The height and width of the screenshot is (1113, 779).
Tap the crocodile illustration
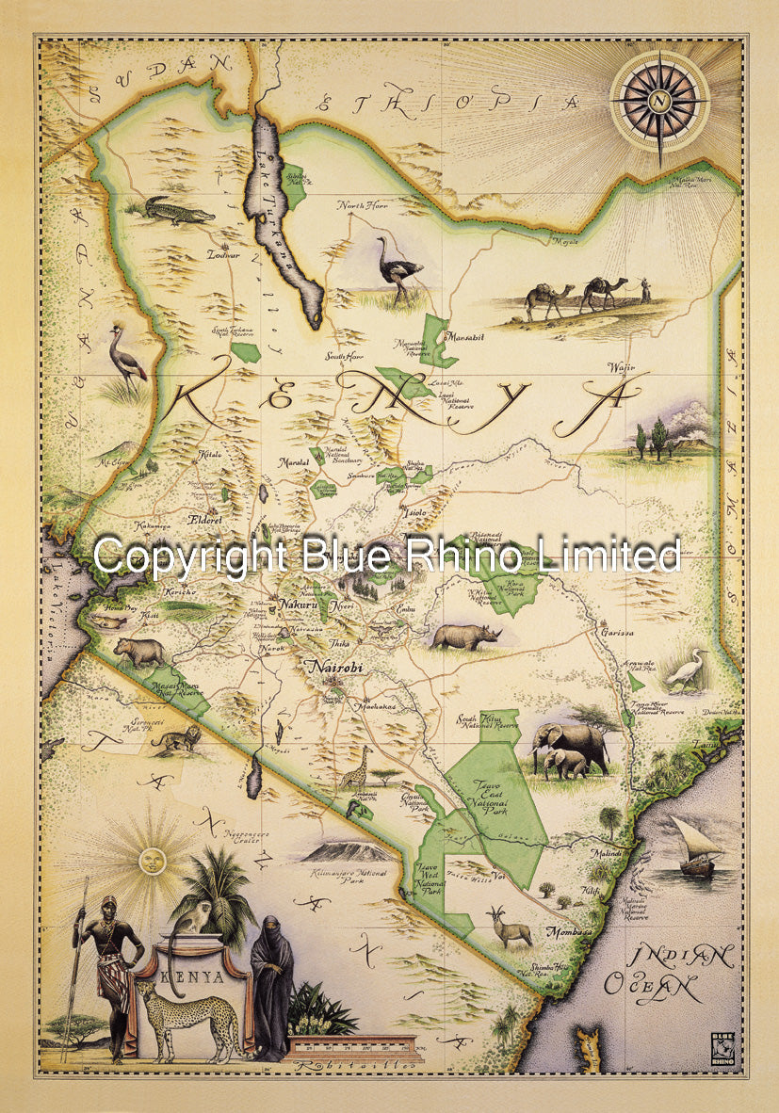[x=179, y=211]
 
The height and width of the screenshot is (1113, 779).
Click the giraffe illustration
[x=356, y=767]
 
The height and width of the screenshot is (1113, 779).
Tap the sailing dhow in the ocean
[x=695, y=845]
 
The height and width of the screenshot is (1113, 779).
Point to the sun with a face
[x=150, y=859]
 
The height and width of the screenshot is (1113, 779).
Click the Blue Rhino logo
[x=722, y=1046]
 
